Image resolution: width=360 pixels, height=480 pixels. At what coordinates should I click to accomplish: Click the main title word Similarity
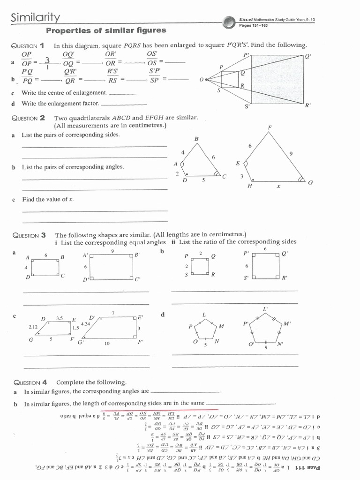35,18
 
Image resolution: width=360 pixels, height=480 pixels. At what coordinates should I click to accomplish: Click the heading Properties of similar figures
105,30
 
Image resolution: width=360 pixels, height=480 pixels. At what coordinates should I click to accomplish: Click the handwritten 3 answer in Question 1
47,60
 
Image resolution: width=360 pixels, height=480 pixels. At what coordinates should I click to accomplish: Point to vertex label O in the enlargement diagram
201,80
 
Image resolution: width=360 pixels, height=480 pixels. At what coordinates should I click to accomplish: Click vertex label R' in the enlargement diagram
308,105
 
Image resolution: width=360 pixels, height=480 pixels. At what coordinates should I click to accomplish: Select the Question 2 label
29,118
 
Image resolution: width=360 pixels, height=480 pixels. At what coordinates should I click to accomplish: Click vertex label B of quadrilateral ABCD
196,139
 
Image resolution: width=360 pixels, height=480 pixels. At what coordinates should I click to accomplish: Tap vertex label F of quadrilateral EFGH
270,127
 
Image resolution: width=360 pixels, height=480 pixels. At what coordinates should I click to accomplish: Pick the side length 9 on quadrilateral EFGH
291,153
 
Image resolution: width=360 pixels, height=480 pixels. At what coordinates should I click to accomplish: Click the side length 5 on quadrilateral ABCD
203,180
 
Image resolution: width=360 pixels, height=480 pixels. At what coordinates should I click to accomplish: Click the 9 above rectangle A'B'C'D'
112,251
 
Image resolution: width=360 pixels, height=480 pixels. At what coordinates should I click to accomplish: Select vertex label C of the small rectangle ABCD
63,275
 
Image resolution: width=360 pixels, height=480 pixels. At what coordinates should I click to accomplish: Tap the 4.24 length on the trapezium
85,324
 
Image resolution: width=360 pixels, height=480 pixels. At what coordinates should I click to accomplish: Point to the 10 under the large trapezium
107,344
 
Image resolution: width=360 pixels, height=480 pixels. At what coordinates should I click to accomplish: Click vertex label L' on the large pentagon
265,309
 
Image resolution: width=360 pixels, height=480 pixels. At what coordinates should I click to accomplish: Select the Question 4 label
29,382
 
